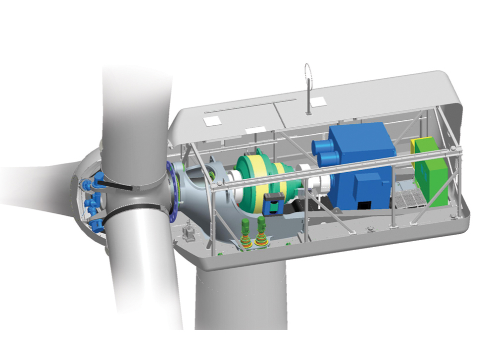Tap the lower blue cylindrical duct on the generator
click(326, 160)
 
